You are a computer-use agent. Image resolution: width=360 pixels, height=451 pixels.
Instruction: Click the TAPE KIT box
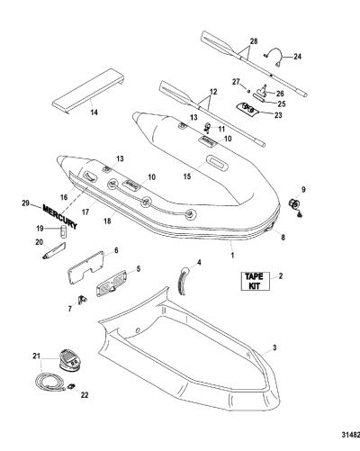(x=256, y=281)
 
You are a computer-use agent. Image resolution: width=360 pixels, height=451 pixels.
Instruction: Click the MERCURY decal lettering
(x=60, y=217)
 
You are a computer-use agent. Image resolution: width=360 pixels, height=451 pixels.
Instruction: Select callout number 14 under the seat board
(x=94, y=113)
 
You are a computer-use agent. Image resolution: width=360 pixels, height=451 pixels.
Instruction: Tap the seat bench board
(x=88, y=92)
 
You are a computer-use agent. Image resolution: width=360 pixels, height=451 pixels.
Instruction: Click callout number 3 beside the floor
(x=274, y=347)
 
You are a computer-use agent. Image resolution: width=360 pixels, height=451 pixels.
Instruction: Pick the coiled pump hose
(x=49, y=383)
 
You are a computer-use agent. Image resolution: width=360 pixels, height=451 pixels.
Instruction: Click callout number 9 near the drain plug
(x=303, y=189)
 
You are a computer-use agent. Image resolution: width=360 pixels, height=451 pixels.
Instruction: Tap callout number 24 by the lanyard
(x=297, y=57)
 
